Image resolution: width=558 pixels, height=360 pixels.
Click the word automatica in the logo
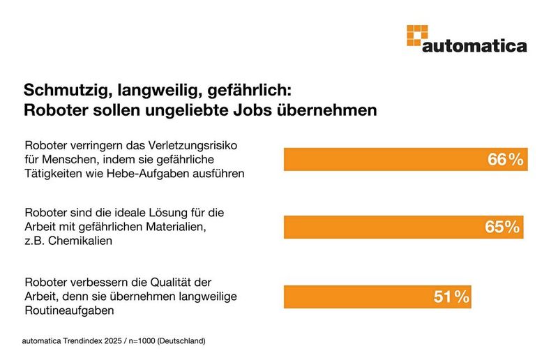pyautogui.click(x=474, y=46)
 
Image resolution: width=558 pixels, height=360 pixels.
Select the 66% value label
pyautogui.click(x=505, y=160)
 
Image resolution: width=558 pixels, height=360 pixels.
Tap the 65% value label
pyautogui.click(x=502, y=227)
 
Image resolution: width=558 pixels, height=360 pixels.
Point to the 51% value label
pyautogui.click(x=451, y=297)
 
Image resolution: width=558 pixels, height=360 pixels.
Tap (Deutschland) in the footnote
pyautogui.click(x=181, y=342)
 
